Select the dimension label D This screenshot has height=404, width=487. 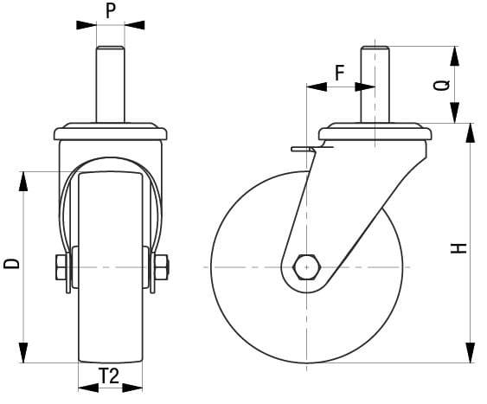click(11, 262)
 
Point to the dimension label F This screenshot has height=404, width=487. click(340, 73)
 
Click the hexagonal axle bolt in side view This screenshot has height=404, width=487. click(307, 267)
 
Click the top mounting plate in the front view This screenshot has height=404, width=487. click(109, 134)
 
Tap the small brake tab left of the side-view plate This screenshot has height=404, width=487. click(302, 151)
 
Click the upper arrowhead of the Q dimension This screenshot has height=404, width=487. click(453, 55)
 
